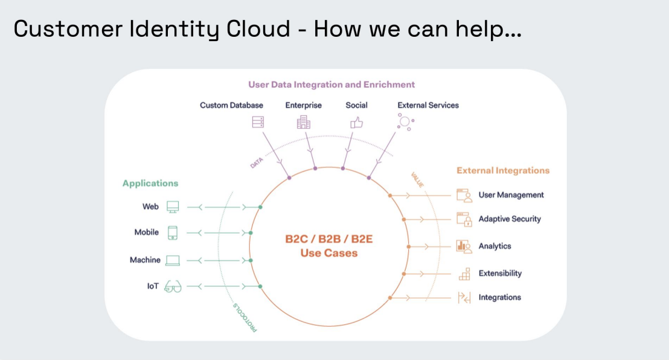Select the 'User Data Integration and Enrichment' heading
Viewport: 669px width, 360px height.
[331, 85]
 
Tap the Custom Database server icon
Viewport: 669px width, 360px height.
[258, 122]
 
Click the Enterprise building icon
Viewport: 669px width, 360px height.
[304, 122]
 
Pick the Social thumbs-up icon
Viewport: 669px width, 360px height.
[356, 122]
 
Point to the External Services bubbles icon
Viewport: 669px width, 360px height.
[404, 122]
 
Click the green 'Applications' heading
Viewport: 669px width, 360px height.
[150, 183]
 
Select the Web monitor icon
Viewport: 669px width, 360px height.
[173, 207]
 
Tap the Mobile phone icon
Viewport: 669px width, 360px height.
[173, 233]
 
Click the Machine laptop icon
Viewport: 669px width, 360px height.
[173, 260]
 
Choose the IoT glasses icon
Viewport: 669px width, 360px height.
[173, 286]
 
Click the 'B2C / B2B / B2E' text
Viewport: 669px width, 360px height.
[329, 239]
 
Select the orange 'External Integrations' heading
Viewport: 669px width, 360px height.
[503, 170]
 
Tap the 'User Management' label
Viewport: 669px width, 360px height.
[511, 195]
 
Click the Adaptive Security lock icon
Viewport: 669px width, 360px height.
[464, 219]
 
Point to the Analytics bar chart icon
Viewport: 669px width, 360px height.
[464, 246]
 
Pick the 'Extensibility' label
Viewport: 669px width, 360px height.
[500, 273]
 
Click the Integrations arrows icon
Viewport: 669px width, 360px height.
[464, 297]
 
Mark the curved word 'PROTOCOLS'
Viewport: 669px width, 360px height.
[245, 318]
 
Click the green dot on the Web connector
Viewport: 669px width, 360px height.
[260, 207]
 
